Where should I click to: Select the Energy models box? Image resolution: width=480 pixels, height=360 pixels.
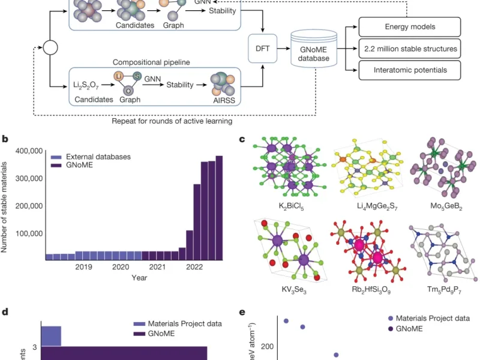coord(410,26)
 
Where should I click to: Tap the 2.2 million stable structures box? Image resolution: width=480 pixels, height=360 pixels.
coord(410,48)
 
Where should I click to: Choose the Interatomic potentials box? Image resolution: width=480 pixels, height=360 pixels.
coord(410,71)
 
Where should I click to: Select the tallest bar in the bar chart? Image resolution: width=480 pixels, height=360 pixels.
coord(219,208)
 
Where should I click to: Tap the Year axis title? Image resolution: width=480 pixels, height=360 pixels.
coord(140,278)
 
